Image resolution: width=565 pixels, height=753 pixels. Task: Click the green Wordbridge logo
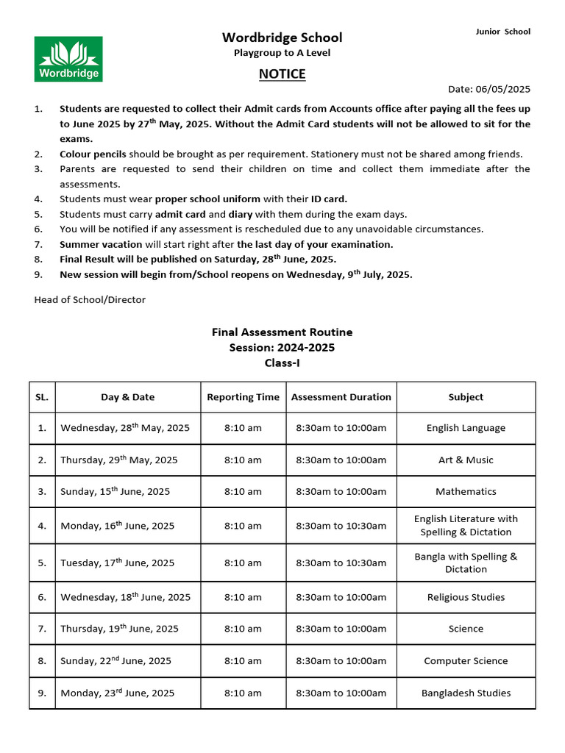click(x=68, y=59)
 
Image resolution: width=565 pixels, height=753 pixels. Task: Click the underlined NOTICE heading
click(x=282, y=74)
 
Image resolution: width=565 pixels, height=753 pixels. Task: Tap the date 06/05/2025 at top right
click(x=489, y=89)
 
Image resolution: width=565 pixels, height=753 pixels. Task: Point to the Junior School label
click(x=502, y=32)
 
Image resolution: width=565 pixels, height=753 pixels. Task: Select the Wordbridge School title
click(x=282, y=38)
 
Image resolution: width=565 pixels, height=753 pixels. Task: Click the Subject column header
click(x=466, y=397)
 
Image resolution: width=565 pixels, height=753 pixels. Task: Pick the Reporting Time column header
click(x=243, y=397)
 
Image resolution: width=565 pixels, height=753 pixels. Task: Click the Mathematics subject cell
click(x=466, y=491)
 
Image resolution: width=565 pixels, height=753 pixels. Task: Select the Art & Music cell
click(x=466, y=460)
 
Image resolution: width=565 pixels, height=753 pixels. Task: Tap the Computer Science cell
click(x=466, y=660)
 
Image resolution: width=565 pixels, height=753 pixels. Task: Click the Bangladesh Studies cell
click(x=466, y=693)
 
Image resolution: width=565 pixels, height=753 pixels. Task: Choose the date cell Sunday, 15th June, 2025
click(x=115, y=491)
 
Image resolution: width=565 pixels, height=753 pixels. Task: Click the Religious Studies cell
click(x=466, y=597)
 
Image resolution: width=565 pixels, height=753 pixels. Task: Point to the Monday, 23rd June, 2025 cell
click(x=118, y=693)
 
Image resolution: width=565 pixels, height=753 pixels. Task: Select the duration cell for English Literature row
click(x=341, y=526)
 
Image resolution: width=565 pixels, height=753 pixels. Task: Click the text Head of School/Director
click(x=90, y=299)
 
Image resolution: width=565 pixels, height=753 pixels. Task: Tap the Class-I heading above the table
click(x=282, y=363)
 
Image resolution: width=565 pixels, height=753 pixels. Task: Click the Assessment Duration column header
click(x=341, y=397)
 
